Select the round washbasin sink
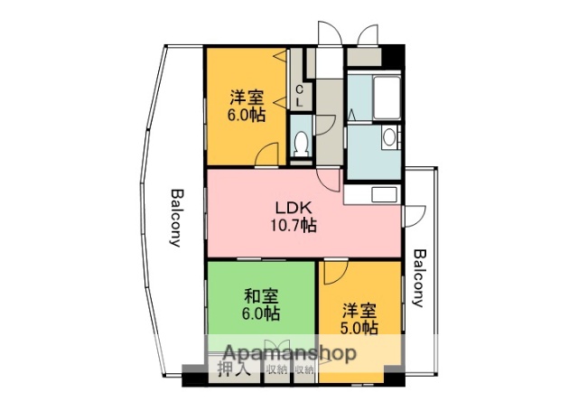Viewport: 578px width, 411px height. tap(389, 138)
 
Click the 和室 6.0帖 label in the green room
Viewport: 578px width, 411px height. tap(261, 304)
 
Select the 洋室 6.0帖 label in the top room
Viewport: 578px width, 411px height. tap(246, 106)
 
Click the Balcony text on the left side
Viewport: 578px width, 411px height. tap(175, 218)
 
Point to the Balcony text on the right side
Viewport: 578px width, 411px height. tap(418, 278)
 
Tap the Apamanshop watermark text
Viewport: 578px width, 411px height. tap(279, 352)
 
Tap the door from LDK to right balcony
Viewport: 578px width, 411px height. tap(415, 215)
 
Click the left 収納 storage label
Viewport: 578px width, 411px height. tap(276, 369)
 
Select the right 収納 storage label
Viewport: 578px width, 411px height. tap(304, 369)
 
